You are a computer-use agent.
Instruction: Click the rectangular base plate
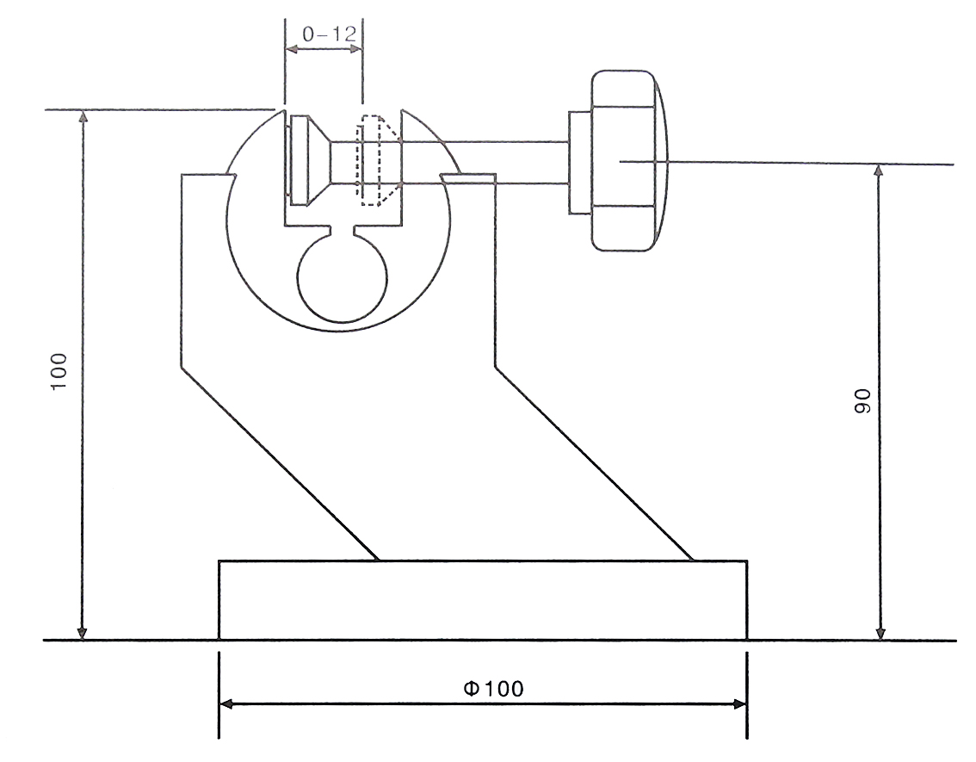click(482, 600)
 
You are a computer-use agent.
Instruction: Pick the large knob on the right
click(624, 161)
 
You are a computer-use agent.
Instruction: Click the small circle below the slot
click(342, 278)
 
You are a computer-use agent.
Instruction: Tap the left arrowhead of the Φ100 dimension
click(226, 704)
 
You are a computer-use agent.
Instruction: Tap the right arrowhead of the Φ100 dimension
click(739, 704)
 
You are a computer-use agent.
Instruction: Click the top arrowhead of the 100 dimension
click(83, 117)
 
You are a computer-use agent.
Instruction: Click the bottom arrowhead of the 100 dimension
click(83, 634)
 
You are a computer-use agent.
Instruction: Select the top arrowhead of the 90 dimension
click(879, 170)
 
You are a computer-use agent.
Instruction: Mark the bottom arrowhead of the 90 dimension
click(879, 634)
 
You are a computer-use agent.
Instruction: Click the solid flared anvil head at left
click(310, 161)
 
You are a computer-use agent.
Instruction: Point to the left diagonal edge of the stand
click(280, 463)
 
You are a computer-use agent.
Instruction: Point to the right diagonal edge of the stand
click(594, 463)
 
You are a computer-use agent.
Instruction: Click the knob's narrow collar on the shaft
click(578, 162)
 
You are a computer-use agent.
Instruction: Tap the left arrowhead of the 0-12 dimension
click(291, 51)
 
